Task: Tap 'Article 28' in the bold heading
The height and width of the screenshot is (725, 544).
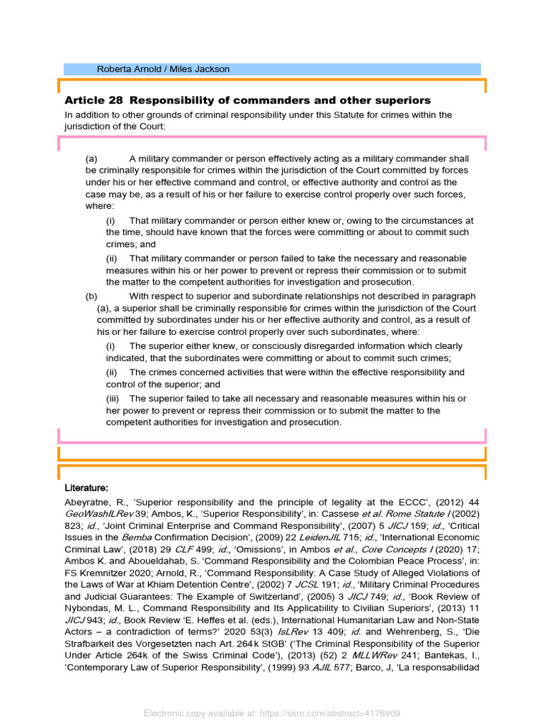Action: pyautogui.click(x=93, y=101)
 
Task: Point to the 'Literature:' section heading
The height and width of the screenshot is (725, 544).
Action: pyautogui.click(x=86, y=488)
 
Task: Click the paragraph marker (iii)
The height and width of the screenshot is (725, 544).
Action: pyautogui.click(x=114, y=398)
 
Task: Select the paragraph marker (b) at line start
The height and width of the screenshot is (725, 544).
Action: pyautogui.click(x=91, y=296)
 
